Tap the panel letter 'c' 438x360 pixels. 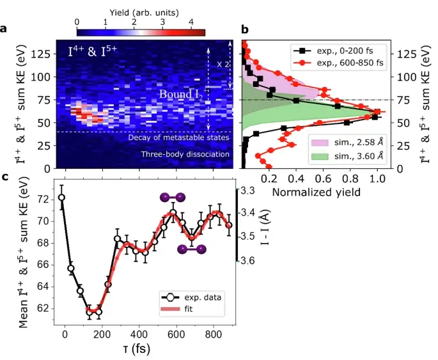4,177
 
